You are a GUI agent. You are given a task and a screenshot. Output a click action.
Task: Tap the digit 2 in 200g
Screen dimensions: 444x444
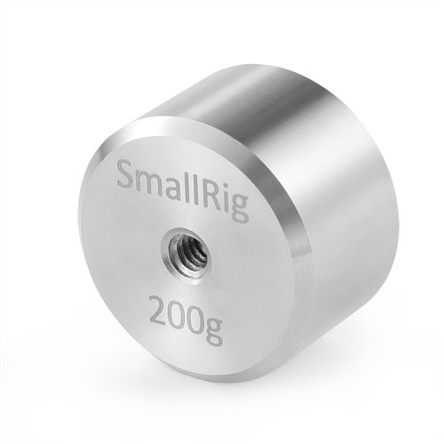157,313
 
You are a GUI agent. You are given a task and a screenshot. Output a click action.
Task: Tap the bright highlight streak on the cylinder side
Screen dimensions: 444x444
266,115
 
